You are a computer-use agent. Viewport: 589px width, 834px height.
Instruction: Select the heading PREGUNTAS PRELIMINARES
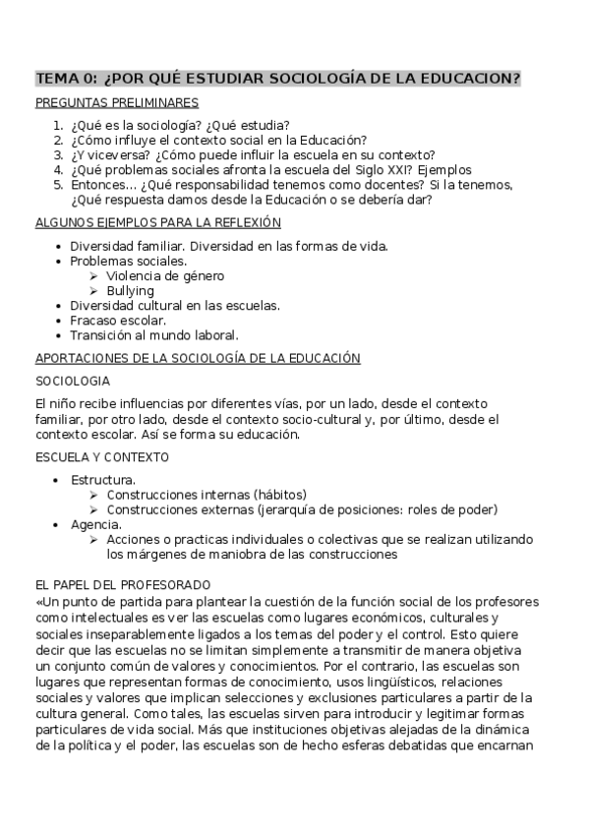tap(117, 102)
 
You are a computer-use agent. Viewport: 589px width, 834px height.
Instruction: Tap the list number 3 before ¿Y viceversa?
tap(58, 154)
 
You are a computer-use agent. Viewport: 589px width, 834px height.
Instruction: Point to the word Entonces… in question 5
tap(102, 184)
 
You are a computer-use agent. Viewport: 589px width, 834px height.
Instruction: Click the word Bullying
tap(130, 291)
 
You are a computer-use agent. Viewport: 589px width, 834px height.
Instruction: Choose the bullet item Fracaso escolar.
tap(118, 321)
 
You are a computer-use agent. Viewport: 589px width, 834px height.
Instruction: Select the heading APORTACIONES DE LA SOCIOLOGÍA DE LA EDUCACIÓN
tap(198, 358)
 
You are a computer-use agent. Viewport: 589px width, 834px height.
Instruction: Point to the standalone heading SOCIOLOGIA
tap(73, 381)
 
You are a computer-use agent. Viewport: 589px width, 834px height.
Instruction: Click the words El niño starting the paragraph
tap(56, 404)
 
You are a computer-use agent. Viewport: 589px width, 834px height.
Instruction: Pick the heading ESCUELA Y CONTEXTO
tap(102, 456)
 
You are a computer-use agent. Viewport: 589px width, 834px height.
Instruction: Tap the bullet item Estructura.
tap(103, 479)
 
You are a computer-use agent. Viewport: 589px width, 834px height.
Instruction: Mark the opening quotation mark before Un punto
tap(39, 600)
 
